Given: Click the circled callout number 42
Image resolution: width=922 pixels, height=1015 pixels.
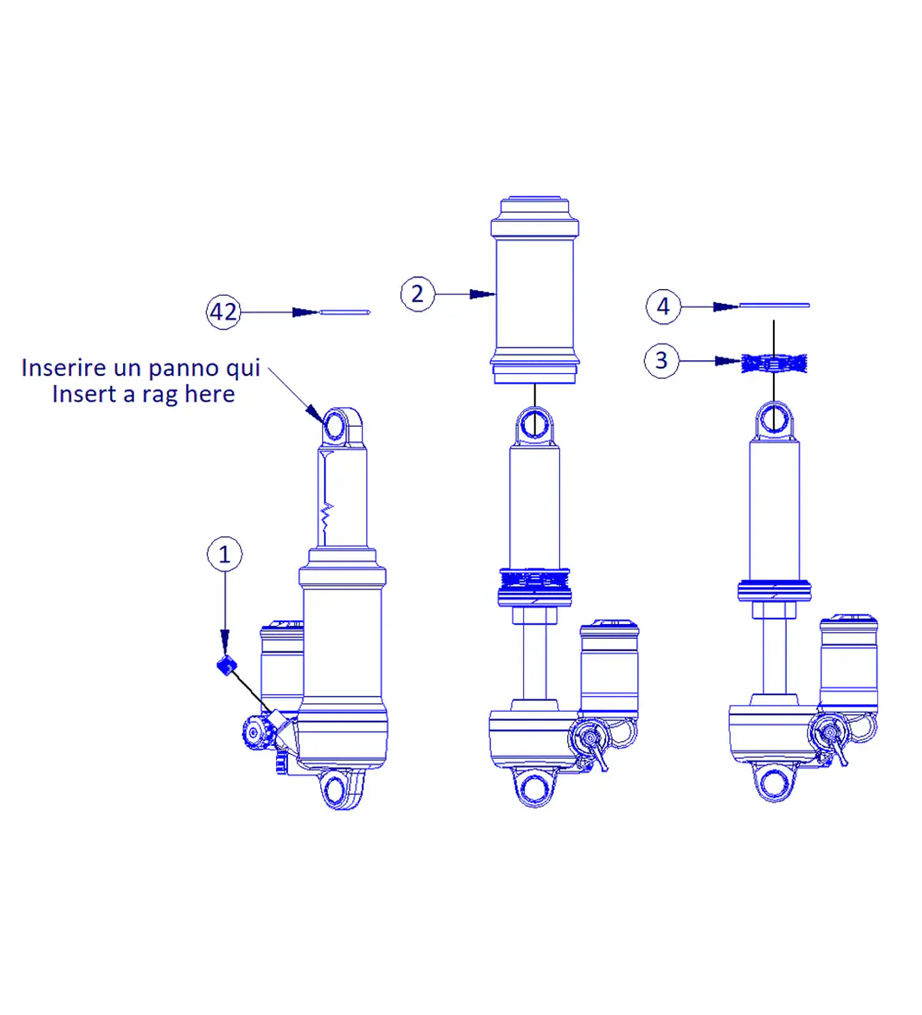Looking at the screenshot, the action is coord(223,312).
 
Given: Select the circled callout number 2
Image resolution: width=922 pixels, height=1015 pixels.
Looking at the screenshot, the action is coord(417,294).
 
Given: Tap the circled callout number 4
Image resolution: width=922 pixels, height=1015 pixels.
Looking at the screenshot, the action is coord(663,307).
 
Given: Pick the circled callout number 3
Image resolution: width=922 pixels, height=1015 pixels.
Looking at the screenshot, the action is coord(661,361).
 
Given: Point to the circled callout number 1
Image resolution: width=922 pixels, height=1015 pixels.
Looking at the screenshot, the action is coord(225,554).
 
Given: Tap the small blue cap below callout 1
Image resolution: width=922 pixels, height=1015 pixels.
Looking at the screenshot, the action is coord(227,666).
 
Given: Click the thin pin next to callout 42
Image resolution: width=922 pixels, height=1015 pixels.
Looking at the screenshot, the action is coord(344,312).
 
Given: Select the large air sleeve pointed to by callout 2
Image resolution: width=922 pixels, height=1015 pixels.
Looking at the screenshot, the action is coord(535,290).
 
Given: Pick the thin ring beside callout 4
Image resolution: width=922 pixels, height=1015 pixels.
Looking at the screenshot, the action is coord(774,306).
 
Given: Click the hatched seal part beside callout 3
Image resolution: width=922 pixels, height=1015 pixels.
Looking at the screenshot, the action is coord(774,363).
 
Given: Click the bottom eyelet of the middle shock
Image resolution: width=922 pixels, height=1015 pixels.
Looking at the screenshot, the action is coord(535,788).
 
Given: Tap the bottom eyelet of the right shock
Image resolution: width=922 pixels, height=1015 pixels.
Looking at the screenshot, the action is coord(775,782).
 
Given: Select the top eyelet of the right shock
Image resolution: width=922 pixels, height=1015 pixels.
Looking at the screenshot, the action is coord(775,420).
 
